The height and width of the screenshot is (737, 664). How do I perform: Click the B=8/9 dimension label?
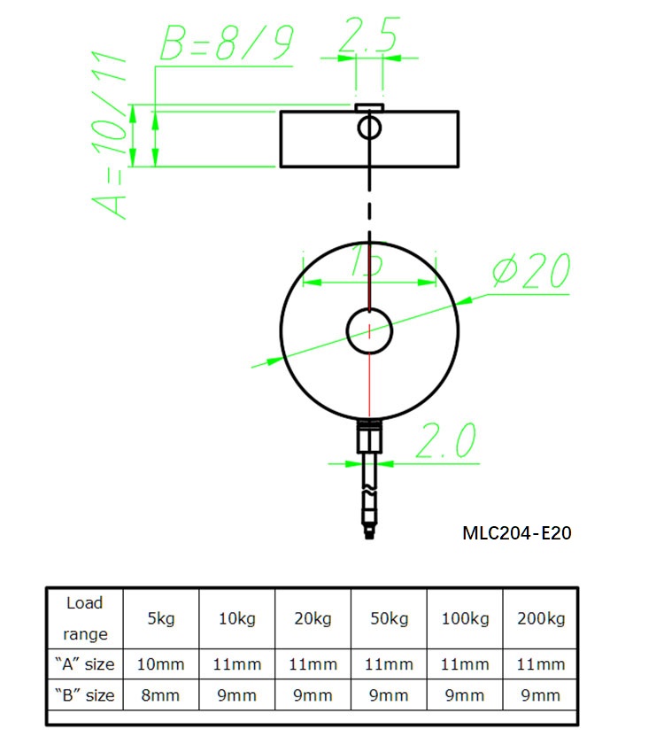(225, 44)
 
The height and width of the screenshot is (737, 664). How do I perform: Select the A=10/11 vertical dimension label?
(111, 137)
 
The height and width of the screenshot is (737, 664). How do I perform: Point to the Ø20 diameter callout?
(530, 273)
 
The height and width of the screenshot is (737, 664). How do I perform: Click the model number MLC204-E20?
(517, 533)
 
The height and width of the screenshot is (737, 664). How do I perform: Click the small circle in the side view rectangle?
(369, 128)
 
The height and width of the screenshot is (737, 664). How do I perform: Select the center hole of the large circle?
(369, 330)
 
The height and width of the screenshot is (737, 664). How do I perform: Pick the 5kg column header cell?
(161, 618)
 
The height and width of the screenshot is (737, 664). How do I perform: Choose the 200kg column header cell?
(540, 618)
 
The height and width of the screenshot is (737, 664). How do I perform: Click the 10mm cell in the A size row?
(161, 664)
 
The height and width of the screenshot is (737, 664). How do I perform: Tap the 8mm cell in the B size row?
(161, 695)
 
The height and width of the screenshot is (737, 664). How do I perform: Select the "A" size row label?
(84, 664)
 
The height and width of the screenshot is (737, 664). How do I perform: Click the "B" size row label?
(84, 695)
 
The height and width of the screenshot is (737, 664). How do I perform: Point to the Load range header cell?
(84, 618)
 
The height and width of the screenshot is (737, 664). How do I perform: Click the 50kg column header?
(390, 618)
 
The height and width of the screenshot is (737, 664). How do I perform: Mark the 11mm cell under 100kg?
(465, 664)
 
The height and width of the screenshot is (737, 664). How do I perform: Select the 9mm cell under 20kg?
(313, 695)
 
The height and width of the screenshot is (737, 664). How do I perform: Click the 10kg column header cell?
(237, 618)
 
